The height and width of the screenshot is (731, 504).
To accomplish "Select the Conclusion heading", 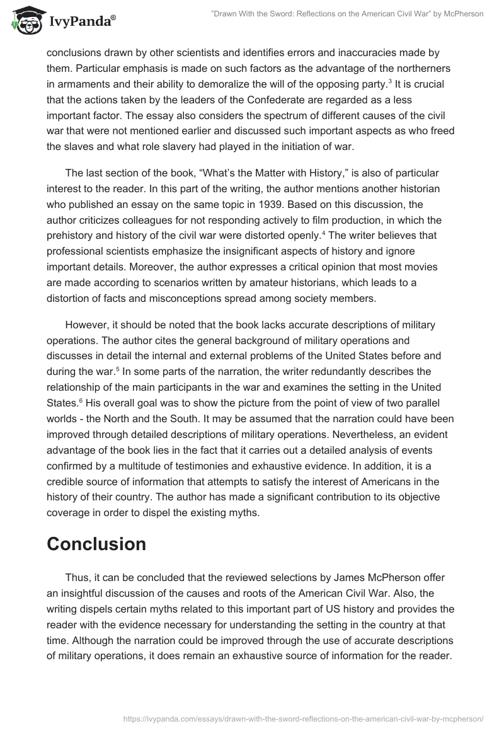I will pyautogui.click(x=96, y=544).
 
